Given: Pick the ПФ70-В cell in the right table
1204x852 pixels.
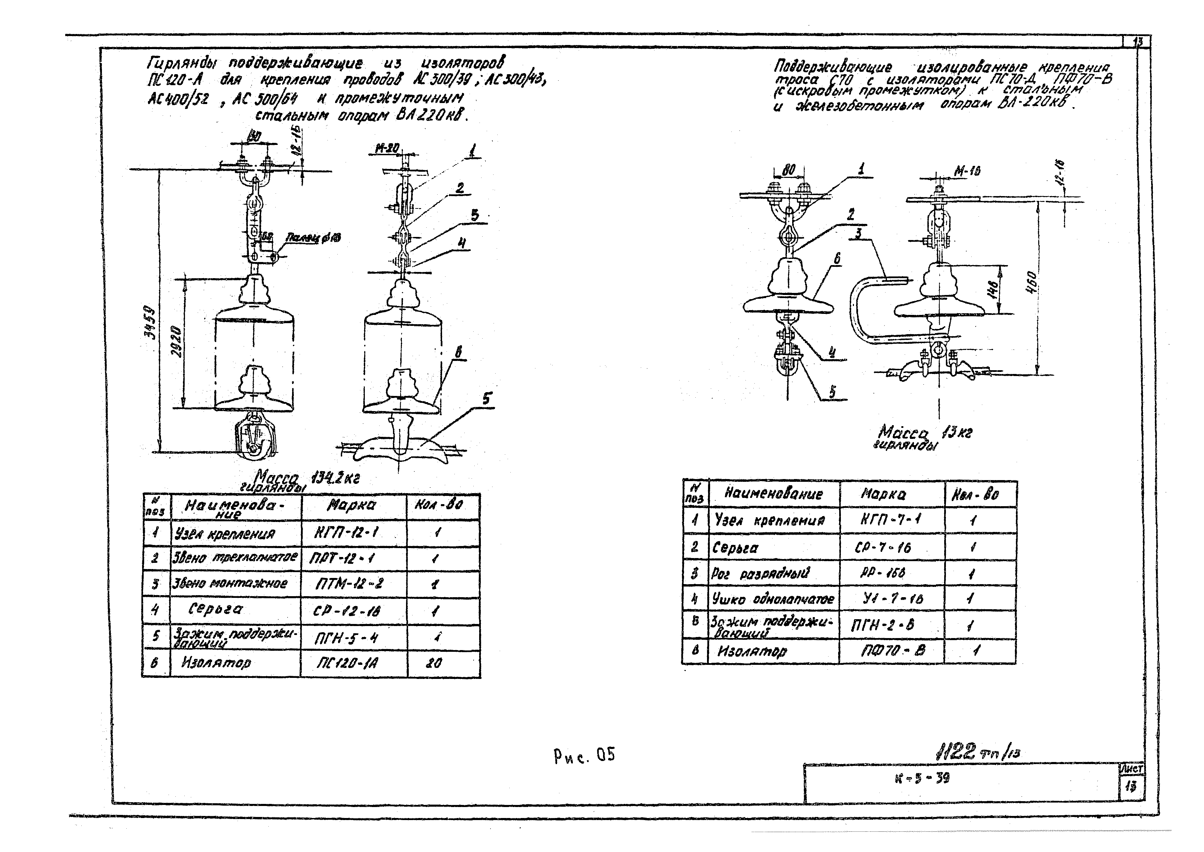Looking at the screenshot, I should (x=892, y=650).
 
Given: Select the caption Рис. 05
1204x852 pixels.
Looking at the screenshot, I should (x=584, y=756).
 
